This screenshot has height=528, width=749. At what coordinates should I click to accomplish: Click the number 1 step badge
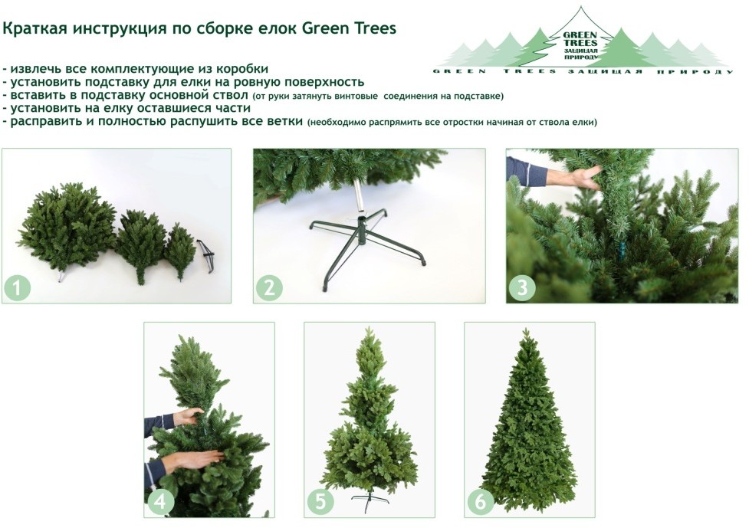[x=17, y=288]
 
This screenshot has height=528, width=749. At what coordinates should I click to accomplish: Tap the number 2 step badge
[x=269, y=288]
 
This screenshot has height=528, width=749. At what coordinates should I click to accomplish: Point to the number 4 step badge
[x=159, y=502]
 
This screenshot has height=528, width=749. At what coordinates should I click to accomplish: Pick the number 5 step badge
[x=320, y=502]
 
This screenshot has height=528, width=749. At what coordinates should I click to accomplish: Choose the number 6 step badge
[x=480, y=502]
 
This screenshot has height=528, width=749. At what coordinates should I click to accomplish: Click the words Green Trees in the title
[x=349, y=28]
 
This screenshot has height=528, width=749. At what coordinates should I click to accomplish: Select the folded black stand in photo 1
[x=206, y=257]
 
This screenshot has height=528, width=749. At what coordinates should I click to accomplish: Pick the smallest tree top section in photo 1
[x=180, y=250]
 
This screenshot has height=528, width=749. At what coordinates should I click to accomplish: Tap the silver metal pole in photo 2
[x=360, y=199]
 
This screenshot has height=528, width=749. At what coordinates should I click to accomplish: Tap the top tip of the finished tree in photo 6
[x=526, y=329]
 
